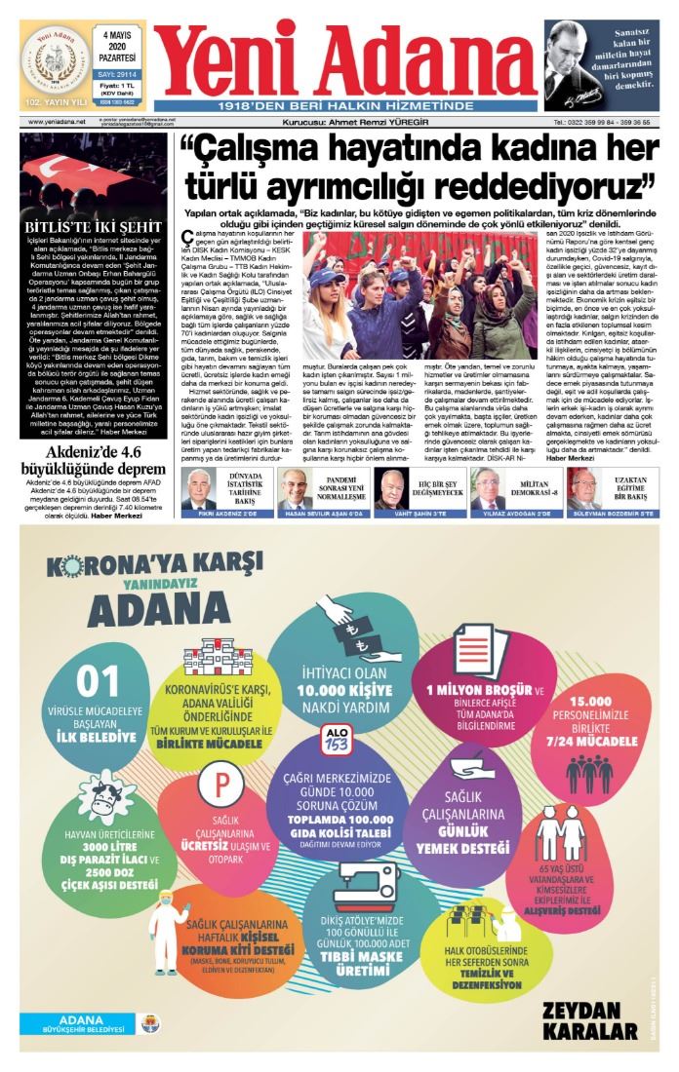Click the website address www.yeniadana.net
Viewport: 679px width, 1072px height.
pyautogui.click(x=57, y=122)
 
